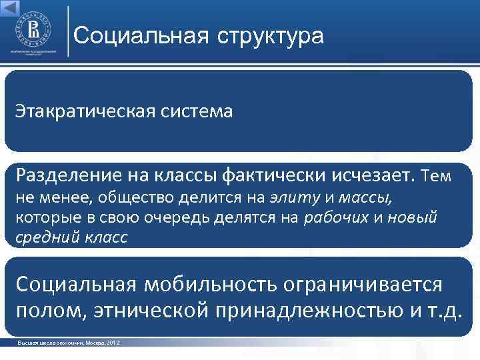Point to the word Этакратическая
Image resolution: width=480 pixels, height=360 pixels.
pos(85,110)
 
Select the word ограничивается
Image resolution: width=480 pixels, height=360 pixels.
pos(363,284)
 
